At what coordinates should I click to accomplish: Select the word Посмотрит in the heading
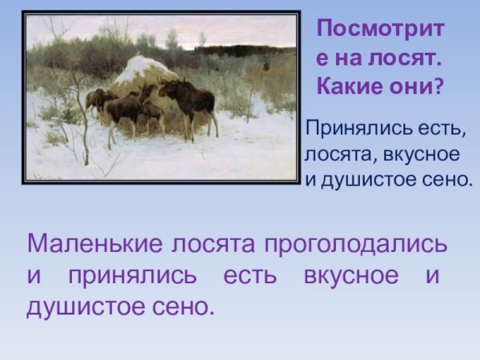[x=380, y=30]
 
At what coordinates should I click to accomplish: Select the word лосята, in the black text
[x=334, y=154]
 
